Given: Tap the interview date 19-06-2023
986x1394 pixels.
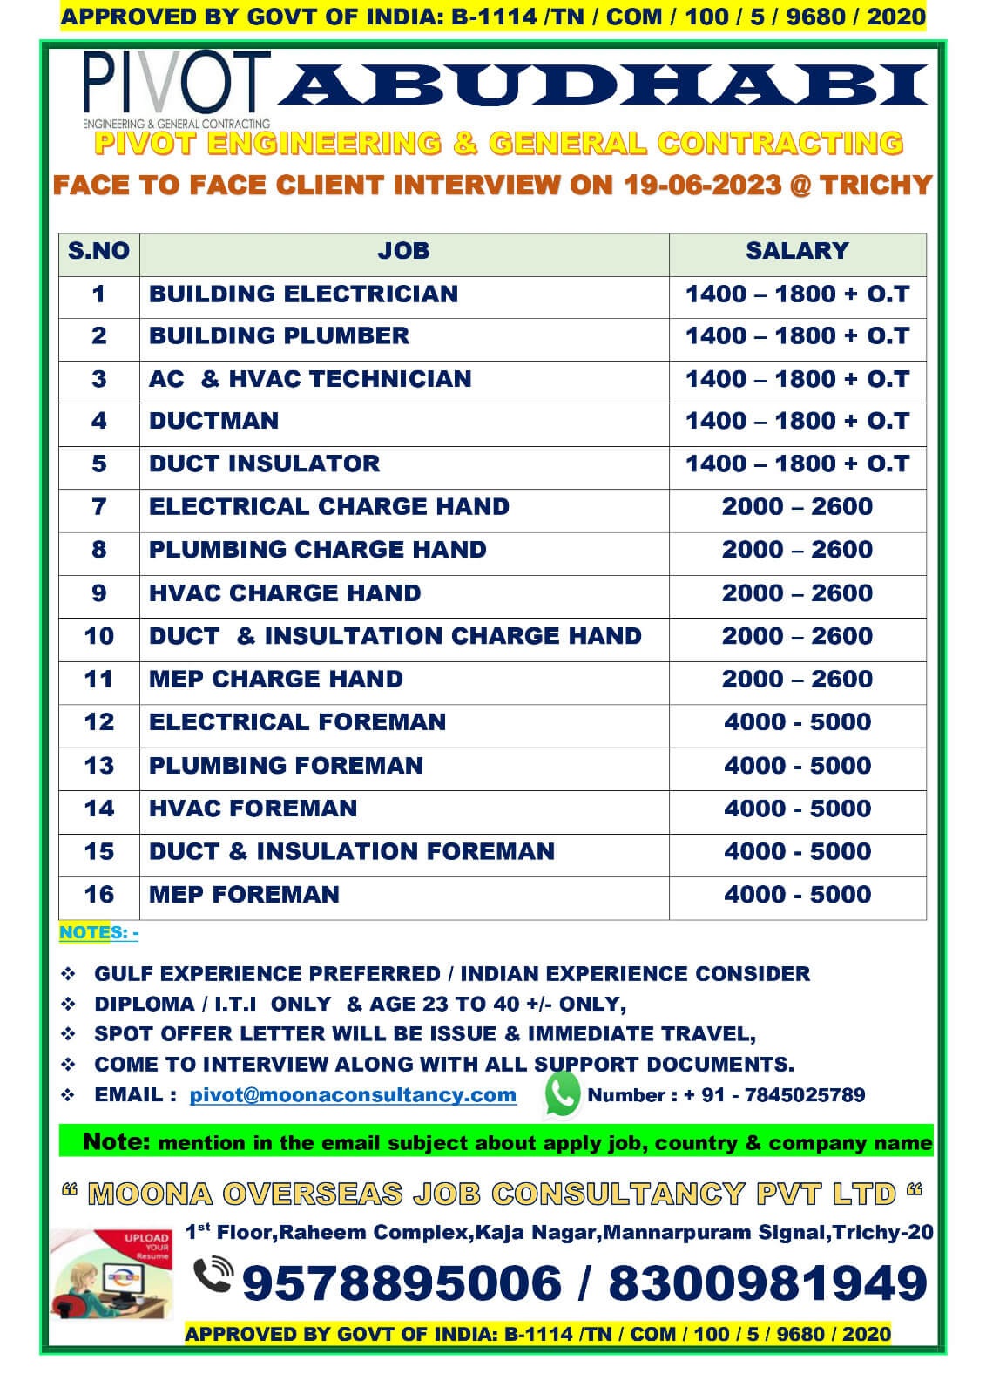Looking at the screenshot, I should [702, 185].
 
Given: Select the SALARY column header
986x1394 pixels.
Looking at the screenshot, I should [797, 251].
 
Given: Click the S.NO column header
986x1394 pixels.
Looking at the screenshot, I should [98, 251].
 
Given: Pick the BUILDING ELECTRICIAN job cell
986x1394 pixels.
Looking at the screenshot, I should [303, 294].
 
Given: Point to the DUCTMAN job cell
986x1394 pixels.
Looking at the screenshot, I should [214, 421].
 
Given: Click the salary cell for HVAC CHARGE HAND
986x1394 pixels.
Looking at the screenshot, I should [797, 593].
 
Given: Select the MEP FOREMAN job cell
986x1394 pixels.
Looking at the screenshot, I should [244, 895].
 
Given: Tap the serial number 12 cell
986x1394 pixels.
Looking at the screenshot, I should [98, 722].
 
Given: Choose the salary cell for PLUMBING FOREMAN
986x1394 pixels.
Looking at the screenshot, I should [797, 766].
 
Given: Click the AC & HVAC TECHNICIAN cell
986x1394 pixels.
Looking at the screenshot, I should [310, 379].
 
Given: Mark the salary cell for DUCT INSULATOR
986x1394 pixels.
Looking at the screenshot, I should [797, 464].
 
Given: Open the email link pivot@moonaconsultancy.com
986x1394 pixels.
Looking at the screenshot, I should [353, 1095].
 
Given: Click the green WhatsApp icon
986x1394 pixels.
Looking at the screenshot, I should [562, 1093].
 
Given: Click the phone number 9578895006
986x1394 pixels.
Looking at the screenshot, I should [402, 1283].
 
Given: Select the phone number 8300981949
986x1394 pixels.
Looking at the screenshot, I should [767, 1283].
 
